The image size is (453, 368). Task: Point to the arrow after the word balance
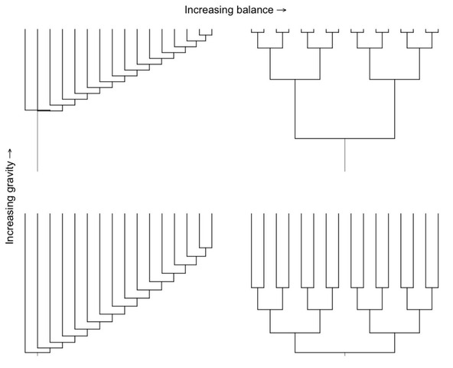pos(282,10)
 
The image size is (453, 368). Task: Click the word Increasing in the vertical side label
pos(10,222)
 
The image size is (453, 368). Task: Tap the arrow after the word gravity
pos(10,153)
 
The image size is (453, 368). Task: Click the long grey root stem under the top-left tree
pos(37,141)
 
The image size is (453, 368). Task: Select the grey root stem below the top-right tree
pos(344,155)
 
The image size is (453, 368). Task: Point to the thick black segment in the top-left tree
pos(44,110)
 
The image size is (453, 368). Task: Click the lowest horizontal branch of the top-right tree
pos(344,139)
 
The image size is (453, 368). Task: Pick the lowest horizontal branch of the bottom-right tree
pos(344,353)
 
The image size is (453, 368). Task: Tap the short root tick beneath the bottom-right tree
pos(344,354)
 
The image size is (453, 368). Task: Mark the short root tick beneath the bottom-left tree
pos(37,354)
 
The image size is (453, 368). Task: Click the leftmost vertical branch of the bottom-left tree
pos(25,283)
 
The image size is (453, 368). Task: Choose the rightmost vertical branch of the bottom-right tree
pos(438,251)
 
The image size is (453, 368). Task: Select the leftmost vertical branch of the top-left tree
pos(25,70)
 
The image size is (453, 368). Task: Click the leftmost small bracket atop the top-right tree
pos(258,31)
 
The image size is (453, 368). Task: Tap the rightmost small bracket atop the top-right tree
pos(432,31)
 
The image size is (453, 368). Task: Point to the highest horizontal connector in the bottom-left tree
pos(206,248)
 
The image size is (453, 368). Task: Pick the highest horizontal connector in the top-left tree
pos(206,35)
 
